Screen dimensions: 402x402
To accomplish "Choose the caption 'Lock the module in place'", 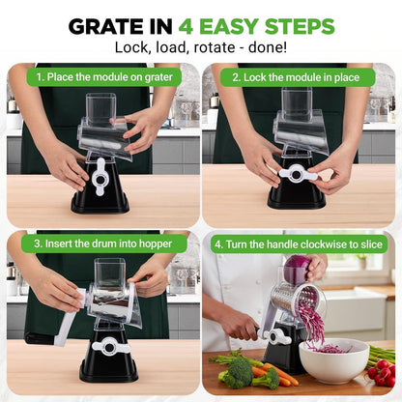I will pos(301,75).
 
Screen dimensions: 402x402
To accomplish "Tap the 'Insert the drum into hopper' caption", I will pos(101,244).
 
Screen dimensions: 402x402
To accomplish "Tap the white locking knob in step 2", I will pos(298,174).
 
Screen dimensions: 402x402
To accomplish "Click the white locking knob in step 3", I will pos(108,346).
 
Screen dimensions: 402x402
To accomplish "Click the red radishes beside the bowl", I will pos(382,371).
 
